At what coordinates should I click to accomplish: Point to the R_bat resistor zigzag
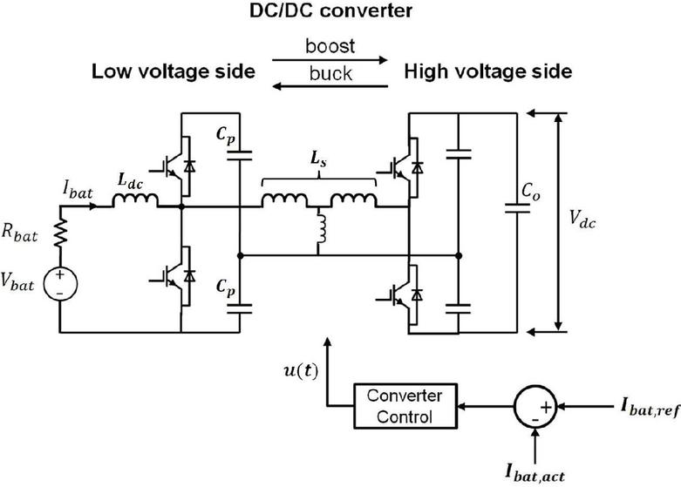pos(61,233)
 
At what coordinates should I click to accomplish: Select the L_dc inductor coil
pos(134,202)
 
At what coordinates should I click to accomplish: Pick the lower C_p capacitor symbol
pos(238,306)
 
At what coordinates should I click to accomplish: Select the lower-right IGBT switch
pos(405,297)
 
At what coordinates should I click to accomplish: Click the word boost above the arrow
pos(328,46)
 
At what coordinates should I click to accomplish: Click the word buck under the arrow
pos(328,74)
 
